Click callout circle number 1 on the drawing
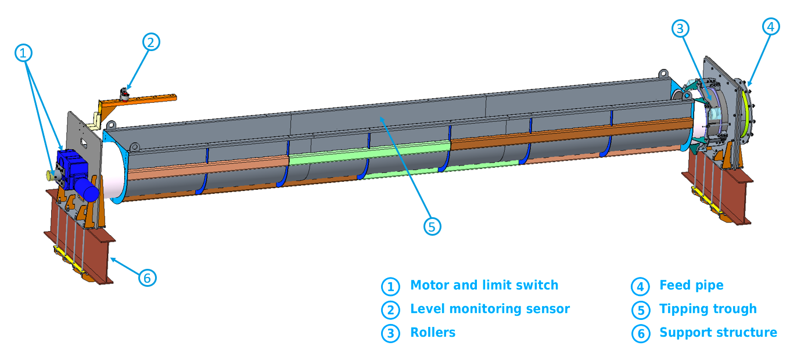[23, 53]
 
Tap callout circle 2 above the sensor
[150, 42]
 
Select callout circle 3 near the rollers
[681, 28]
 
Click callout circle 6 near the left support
[148, 278]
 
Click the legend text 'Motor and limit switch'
[484, 285]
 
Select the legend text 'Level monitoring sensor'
[490, 309]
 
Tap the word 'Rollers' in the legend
[433, 333]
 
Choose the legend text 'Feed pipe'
[691, 285]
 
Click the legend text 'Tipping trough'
[708, 309]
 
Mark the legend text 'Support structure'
[718, 333]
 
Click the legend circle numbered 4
[640, 286]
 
